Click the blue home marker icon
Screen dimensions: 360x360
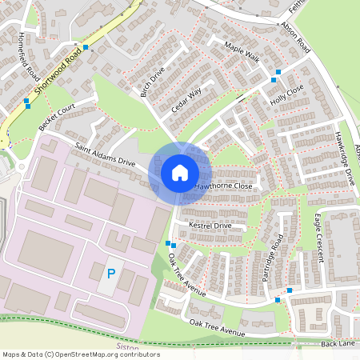point(180,173)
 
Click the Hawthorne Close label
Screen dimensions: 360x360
point(224,186)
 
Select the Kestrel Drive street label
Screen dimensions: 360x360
point(210,226)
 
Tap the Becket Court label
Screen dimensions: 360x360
point(56,117)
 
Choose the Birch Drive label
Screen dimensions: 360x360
point(152,82)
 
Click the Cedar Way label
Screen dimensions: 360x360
point(186,99)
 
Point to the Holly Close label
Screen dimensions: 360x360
point(287,94)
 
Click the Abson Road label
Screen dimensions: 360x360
point(295,37)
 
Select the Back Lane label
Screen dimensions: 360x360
point(337,343)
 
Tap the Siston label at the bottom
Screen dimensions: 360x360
point(129,349)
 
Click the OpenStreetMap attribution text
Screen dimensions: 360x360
point(80,354)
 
